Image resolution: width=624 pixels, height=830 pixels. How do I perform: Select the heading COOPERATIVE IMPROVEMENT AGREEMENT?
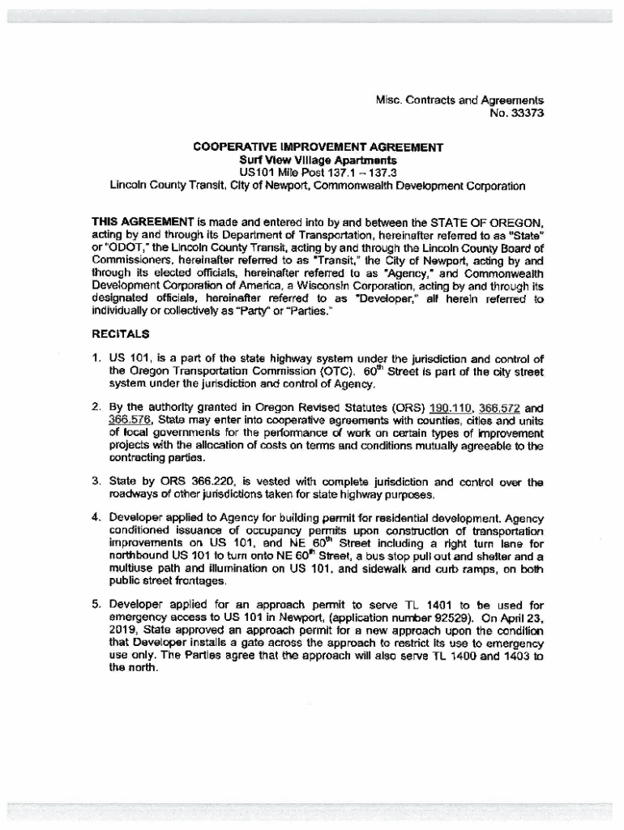(x=318, y=148)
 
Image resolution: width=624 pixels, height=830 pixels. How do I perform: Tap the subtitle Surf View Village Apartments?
(x=318, y=160)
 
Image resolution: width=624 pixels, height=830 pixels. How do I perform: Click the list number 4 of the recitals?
(x=95, y=517)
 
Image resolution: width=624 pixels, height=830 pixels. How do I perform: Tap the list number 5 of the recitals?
(x=95, y=605)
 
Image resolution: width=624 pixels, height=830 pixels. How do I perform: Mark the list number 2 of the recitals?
(x=95, y=408)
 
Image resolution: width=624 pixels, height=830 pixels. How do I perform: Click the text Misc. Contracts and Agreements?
(x=459, y=101)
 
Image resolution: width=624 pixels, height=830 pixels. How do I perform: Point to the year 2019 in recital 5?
(x=122, y=631)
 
